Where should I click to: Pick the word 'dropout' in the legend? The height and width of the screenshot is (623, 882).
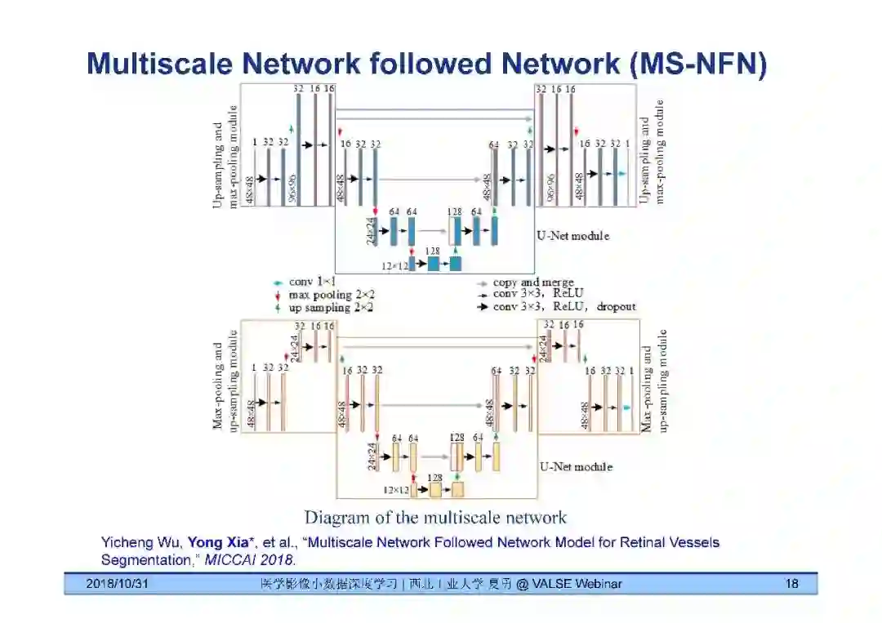tap(616, 307)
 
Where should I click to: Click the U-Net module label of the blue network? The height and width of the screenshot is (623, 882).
tap(572, 236)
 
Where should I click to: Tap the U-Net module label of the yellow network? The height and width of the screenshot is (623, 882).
tap(576, 467)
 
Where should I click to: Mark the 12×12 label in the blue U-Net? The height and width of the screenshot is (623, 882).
tap(395, 265)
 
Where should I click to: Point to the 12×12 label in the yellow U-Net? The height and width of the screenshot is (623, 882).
tap(396, 490)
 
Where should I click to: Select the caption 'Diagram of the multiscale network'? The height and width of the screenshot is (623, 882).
tap(435, 518)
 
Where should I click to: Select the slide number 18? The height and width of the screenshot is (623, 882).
tap(791, 584)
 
